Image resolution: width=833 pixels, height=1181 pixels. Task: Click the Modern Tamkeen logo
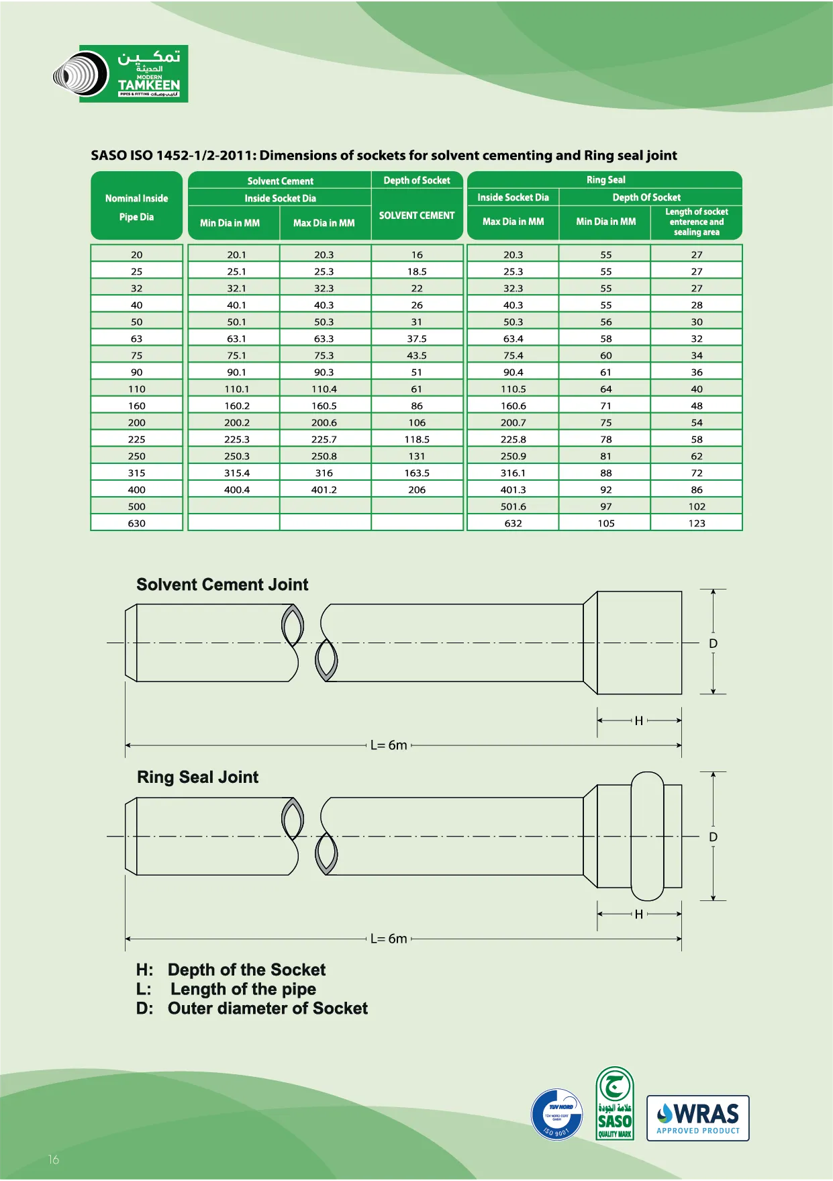pos(121,74)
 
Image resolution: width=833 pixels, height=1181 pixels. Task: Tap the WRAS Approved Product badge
pos(697,1118)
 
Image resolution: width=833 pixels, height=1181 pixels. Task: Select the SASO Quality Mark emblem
pos(614,1104)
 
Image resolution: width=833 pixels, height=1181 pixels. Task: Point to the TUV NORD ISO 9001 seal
pos(556,1115)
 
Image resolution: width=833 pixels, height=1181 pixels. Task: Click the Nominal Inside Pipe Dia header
pos(137,207)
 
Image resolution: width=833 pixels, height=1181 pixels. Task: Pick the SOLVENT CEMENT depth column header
pos(417,216)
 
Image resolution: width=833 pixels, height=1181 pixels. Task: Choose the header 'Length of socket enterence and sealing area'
pos(696,222)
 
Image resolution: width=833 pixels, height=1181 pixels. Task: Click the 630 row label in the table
pos(137,523)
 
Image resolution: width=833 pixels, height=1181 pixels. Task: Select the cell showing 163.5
pos(417,473)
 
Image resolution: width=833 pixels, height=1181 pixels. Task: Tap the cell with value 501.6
pos(513,506)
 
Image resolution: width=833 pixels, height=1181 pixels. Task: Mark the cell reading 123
pos(696,523)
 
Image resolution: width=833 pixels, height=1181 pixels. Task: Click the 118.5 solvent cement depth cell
pos(417,439)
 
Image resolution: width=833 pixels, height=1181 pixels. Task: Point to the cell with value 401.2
pos(324,489)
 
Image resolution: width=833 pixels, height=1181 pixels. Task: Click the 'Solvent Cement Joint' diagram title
pos(222,584)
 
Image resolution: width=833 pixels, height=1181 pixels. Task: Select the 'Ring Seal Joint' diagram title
pos(197,777)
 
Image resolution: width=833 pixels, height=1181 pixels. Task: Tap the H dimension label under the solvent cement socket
pos(639,720)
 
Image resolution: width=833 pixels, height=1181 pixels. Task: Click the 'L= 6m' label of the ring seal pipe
pos(389,939)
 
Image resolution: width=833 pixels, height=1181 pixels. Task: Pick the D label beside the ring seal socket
pos(713,837)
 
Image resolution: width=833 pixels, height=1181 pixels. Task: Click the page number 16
pos(54,1160)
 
